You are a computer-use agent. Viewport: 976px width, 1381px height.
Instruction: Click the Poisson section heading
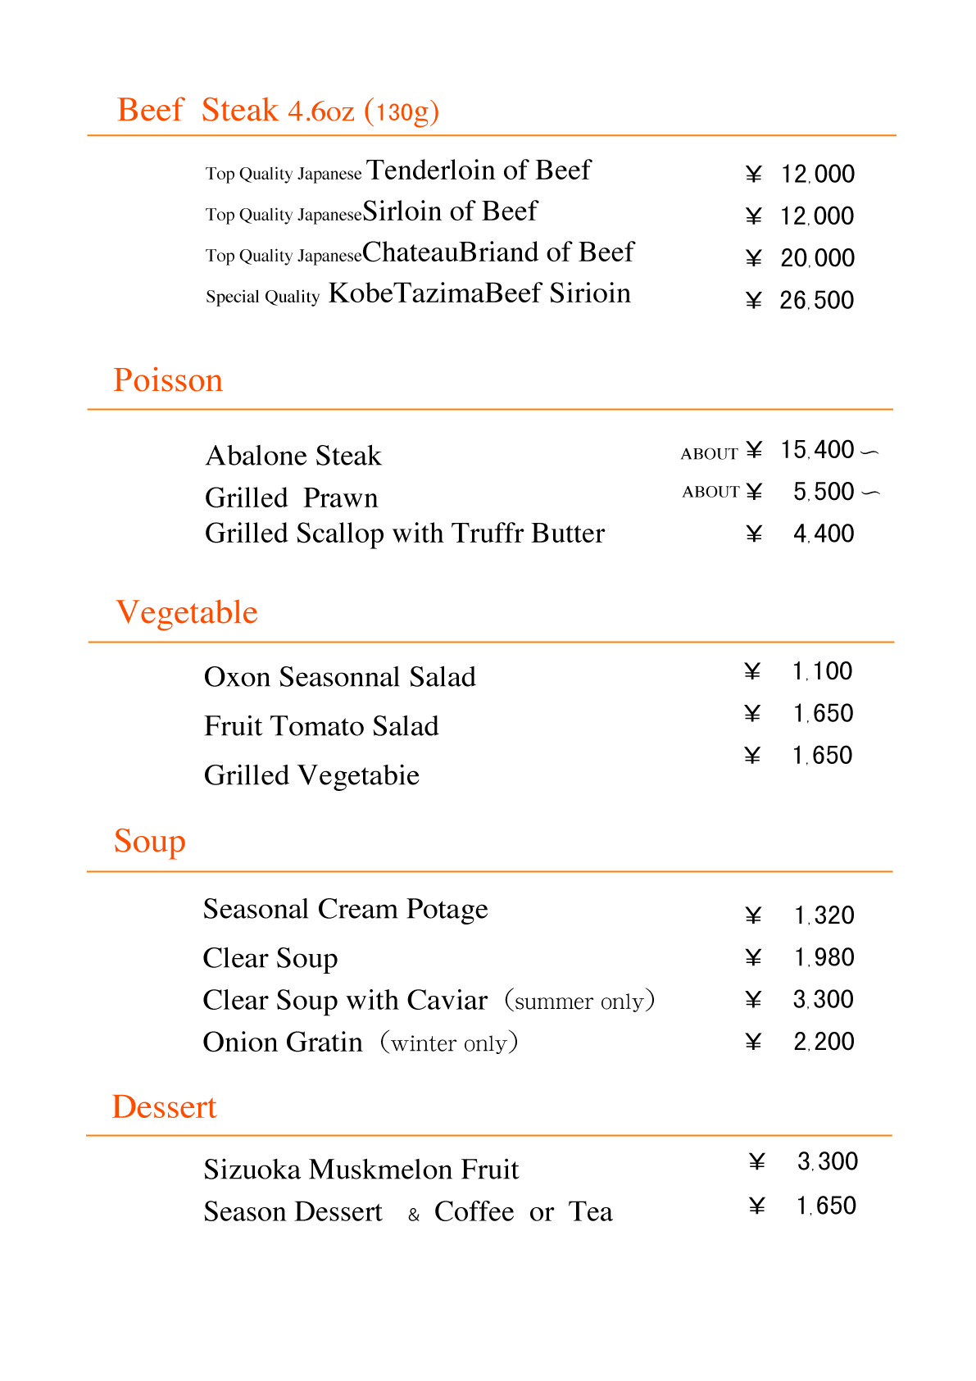click(x=168, y=380)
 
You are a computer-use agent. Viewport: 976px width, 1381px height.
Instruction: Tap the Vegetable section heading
click(x=187, y=612)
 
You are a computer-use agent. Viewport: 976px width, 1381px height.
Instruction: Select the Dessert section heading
click(x=164, y=1107)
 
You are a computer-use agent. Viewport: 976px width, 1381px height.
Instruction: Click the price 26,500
click(x=816, y=301)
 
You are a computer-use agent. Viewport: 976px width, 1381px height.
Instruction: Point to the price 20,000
click(x=817, y=258)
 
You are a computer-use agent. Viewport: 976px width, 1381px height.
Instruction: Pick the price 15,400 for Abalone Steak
click(x=817, y=450)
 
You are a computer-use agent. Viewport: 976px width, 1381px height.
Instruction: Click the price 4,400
click(x=824, y=534)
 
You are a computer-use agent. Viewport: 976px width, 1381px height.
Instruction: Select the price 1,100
click(x=822, y=672)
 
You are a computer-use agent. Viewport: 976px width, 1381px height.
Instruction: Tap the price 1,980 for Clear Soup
click(x=824, y=957)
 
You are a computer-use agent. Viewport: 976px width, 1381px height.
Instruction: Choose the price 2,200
click(x=824, y=1042)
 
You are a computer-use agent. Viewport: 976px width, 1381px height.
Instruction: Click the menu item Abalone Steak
click(x=293, y=456)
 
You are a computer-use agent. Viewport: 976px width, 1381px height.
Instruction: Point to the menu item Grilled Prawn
click(x=291, y=498)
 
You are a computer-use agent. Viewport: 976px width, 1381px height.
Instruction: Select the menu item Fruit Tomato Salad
click(x=321, y=726)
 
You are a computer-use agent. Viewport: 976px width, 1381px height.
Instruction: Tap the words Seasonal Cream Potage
click(x=345, y=909)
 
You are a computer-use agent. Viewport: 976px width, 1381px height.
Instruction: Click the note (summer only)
click(x=579, y=1001)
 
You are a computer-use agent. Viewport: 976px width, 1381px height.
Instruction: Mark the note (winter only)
click(x=448, y=1043)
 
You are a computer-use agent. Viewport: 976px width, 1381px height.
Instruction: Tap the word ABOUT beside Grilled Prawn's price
click(x=710, y=492)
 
